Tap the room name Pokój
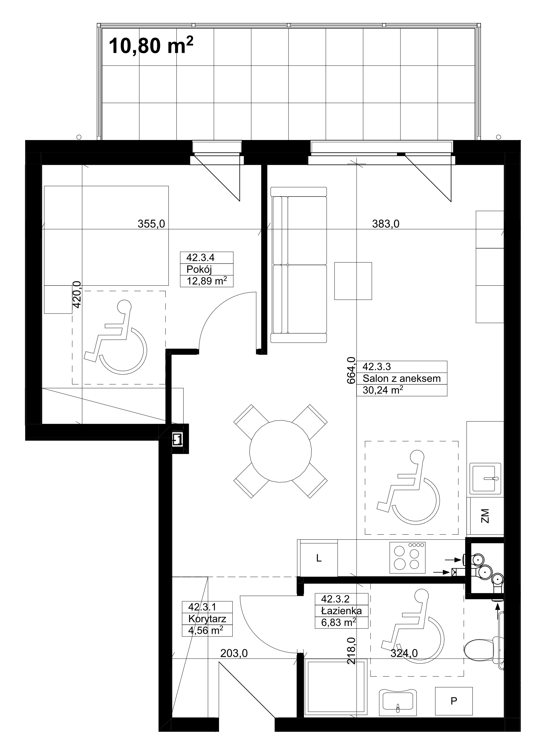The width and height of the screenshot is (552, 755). point(199,269)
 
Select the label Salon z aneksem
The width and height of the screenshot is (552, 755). point(402,379)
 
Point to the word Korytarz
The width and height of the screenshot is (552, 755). point(207,619)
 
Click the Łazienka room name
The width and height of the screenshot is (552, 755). point(341,611)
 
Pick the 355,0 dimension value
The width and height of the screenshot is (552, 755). point(151,224)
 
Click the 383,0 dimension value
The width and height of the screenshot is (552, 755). point(386,224)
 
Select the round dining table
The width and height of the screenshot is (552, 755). point(280,451)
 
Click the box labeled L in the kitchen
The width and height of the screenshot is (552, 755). point(319,558)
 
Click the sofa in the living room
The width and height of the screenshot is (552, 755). point(299,265)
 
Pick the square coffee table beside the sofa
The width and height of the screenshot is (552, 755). point(353,281)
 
